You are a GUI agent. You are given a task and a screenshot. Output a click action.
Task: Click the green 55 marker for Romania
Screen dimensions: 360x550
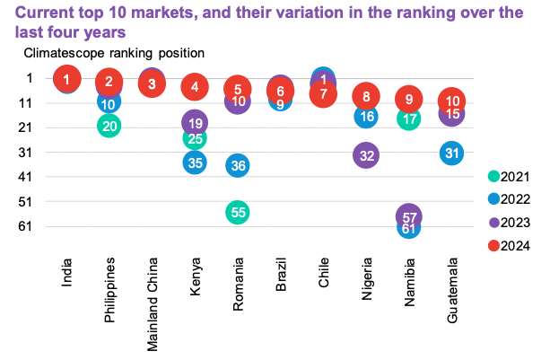237,213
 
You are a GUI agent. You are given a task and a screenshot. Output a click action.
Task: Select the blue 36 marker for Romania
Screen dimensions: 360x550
237,165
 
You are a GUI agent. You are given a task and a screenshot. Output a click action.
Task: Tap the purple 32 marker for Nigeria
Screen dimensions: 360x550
365,155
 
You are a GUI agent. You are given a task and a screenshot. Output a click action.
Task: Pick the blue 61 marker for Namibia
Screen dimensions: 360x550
408,228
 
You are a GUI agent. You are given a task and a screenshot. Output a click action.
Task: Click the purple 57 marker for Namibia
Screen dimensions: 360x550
408,216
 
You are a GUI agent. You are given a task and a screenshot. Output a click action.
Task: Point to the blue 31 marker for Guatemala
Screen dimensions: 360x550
452,153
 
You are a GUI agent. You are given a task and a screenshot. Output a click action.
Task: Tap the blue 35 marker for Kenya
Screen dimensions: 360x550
195,162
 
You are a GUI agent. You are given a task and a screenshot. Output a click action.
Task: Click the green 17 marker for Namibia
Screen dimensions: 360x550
408,119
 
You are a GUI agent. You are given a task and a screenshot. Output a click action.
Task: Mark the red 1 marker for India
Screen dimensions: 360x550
65,80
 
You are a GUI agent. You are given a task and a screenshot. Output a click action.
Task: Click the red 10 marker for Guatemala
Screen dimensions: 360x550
452,101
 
